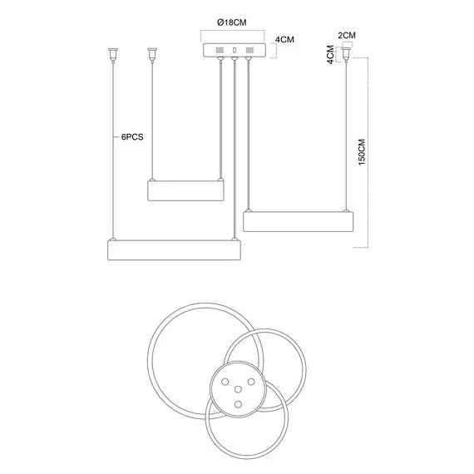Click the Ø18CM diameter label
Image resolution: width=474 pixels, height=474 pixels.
231,22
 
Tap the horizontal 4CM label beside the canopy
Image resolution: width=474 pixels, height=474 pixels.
284,40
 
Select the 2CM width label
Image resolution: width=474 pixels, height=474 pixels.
347,36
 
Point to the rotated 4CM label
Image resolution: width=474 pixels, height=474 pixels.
331,54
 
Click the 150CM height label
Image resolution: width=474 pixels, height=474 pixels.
362,152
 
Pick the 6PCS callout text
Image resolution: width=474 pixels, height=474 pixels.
132,137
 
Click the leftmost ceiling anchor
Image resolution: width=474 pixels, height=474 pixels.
113,55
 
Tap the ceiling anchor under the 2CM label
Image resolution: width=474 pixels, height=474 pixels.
347,54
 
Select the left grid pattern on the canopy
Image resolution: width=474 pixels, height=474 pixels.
220,50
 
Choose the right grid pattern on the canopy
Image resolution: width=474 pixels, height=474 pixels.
249,50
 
